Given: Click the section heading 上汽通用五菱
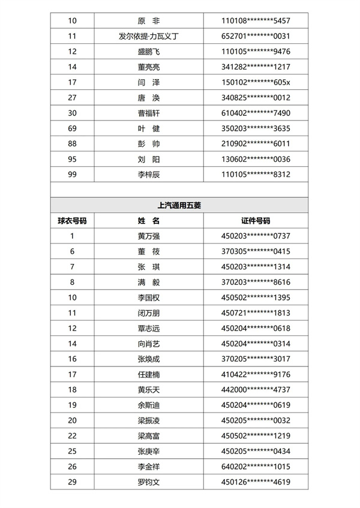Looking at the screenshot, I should pyautogui.click(x=179, y=205).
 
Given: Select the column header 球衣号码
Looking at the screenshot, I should pyautogui.click(x=72, y=220).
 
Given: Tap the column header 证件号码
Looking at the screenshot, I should pyautogui.click(x=256, y=220).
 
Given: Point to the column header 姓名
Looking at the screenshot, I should pyautogui.click(x=149, y=220).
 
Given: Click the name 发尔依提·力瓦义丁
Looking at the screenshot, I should pyautogui.click(x=149, y=36).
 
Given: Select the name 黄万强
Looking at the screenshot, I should pyautogui.click(x=149, y=236).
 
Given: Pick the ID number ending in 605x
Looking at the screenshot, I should pyautogui.click(x=256, y=82).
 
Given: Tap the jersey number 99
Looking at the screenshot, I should pyautogui.click(x=72, y=174).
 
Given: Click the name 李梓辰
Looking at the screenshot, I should pyautogui.click(x=149, y=174).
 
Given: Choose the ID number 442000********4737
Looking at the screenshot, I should pyautogui.click(x=256, y=389).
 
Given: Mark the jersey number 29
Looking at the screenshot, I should pyautogui.click(x=72, y=481).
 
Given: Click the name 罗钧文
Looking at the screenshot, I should pyautogui.click(x=149, y=481).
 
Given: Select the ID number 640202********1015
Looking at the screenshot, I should pyautogui.click(x=256, y=466).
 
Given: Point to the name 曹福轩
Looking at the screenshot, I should pyautogui.click(x=149, y=113).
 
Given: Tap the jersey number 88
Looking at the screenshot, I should pyautogui.click(x=72, y=143).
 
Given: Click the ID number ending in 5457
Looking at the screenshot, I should pyautogui.click(x=256, y=21).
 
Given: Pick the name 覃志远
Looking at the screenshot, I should pyautogui.click(x=149, y=328).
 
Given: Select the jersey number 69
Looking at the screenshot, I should pyautogui.click(x=72, y=128).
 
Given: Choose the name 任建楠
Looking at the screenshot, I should pyautogui.click(x=149, y=374).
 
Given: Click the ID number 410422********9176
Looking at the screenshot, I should pyautogui.click(x=256, y=374).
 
